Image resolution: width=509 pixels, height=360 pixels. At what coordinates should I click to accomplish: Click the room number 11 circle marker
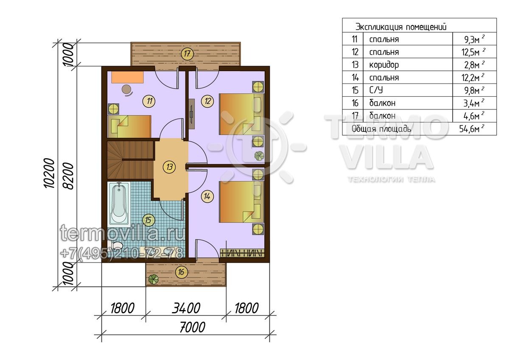pyautogui.click(x=149, y=101)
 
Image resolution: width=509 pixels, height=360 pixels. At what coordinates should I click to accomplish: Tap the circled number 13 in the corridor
pyautogui.click(x=170, y=167)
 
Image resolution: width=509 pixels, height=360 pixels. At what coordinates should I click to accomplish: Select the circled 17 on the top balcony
pyautogui.click(x=187, y=54)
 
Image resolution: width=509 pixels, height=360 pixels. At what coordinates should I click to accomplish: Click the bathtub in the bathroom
pyautogui.click(x=119, y=204)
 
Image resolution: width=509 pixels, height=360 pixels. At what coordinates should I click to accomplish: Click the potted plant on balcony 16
pyautogui.click(x=153, y=279)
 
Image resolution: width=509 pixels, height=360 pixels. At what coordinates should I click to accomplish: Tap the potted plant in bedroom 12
pyautogui.click(x=259, y=156)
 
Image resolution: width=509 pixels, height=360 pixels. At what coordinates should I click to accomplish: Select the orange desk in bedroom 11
pyautogui.click(x=128, y=78)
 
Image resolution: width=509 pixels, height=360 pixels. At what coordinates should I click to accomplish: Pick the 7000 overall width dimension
pyautogui.click(x=192, y=327)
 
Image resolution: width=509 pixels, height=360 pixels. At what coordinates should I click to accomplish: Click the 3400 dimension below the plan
pyautogui.click(x=186, y=308)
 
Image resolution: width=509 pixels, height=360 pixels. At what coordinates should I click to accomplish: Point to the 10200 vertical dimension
pyautogui.click(x=49, y=173)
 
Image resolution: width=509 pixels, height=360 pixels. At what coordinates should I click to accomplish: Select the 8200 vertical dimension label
pyautogui.click(x=68, y=176)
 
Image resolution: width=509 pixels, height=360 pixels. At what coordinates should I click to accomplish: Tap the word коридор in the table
pyautogui.click(x=384, y=65)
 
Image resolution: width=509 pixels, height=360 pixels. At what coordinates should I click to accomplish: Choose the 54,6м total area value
pyautogui.click(x=472, y=129)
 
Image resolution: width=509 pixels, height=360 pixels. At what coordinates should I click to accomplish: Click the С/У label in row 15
pyautogui.click(x=376, y=90)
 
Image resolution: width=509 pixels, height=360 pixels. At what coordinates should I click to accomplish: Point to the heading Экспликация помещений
pyautogui.click(x=401, y=27)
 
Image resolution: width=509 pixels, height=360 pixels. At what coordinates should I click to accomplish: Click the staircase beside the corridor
pyautogui.click(x=131, y=160)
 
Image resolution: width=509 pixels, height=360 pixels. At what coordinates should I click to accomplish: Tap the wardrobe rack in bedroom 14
pyautogui.click(x=243, y=253)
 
